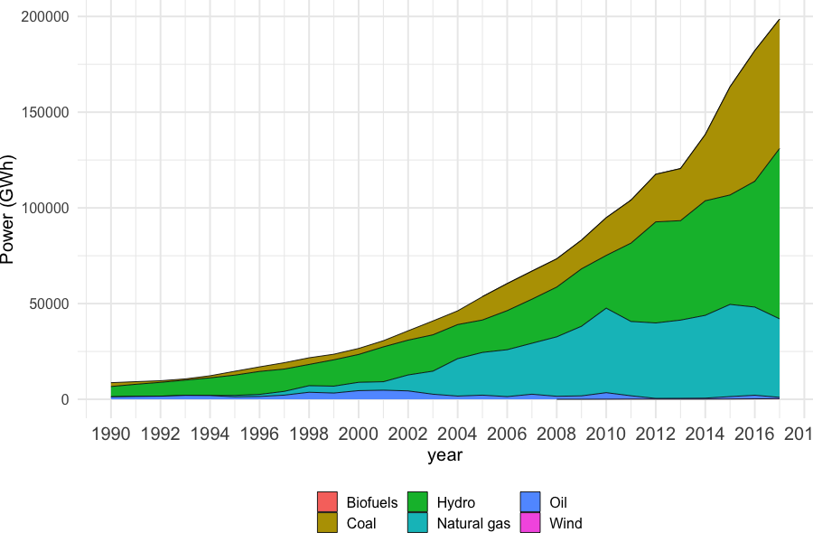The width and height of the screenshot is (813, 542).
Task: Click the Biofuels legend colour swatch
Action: coord(327,502)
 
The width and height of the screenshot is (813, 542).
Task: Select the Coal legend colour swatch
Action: coord(327,523)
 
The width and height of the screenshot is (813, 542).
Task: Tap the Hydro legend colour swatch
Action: coord(418,502)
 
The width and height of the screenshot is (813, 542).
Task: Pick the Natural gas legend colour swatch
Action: coord(418,523)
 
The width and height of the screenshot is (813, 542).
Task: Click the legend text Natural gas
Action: coord(473,523)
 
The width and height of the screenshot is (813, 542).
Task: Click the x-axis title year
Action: coord(444,455)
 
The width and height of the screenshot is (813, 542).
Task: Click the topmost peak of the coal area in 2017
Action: coord(779,19)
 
